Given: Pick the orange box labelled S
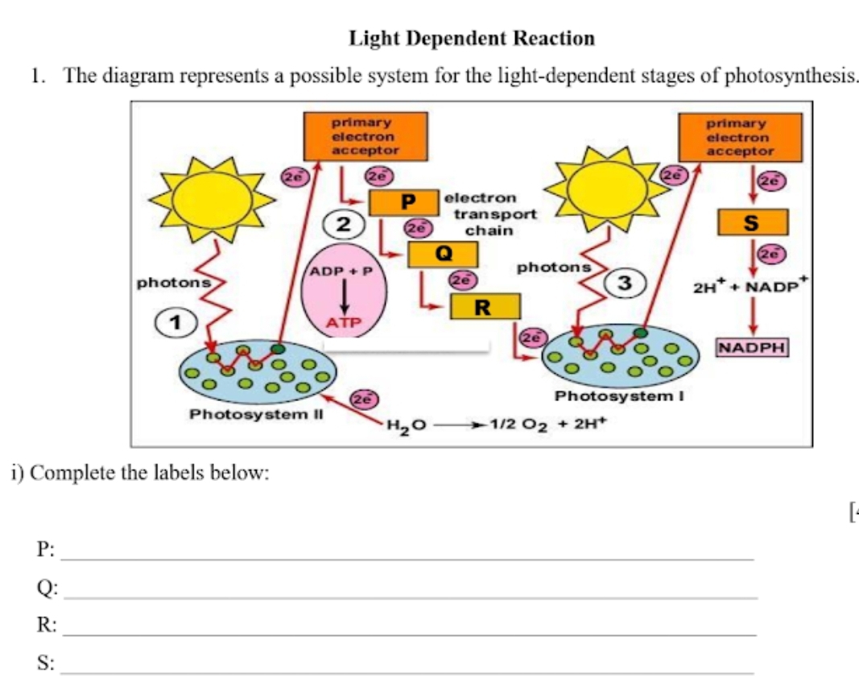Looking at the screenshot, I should [x=753, y=223].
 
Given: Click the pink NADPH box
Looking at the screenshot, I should [x=753, y=348].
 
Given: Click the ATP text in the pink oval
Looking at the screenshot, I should [x=345, y=323].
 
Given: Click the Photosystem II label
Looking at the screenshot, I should [x=256, y=414].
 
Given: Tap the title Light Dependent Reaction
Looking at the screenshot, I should [x=473, y=38].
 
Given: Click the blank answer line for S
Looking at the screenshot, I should [x=407, y=672].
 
